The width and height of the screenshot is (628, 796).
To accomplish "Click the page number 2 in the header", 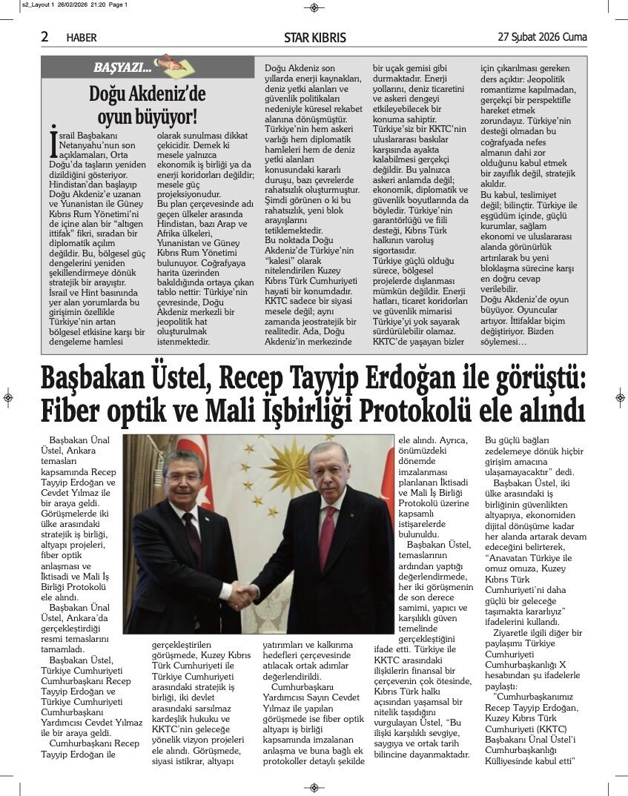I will pyautogui.click(x=45, y=36).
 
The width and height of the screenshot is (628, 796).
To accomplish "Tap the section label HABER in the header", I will pyautogui.click(x=82, y=38).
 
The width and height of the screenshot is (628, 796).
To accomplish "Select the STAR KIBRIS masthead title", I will pyautogui.click(x=314, y=38).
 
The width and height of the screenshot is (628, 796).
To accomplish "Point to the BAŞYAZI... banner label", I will pyautogui.click(x=122, y=68).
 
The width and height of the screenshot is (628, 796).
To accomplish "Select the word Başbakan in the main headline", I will pyautogui.click(x=91, y=380).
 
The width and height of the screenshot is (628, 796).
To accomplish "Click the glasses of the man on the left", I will pyautogui.click(x=182, y=478).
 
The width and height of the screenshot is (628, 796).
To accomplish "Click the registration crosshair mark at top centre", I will pyautogui.click(x=314, y=7).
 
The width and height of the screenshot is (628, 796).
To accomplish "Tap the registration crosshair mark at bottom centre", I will pyautogui.click(x=314, y=787).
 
